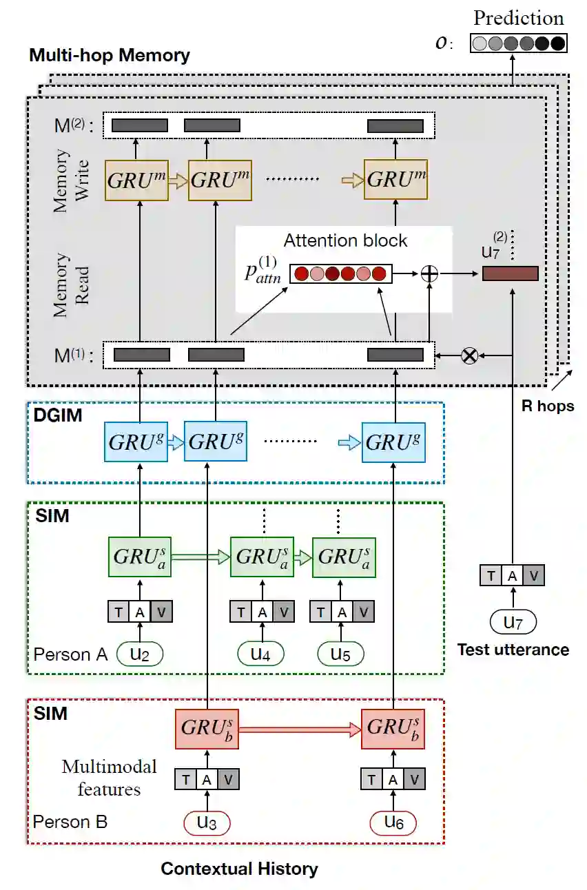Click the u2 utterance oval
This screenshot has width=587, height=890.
point(140,654)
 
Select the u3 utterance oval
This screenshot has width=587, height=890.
point(206,822)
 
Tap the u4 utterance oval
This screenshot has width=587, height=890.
point(260,654)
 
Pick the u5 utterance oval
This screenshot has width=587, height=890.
point(340,654)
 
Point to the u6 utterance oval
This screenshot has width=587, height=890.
point(393,822)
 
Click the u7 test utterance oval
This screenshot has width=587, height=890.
point(513,623)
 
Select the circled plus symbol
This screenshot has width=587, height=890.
point(429,273)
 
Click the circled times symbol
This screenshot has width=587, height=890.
point(469,355)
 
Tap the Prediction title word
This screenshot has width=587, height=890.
point(518,18)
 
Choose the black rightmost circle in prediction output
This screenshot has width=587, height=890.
point(557,43)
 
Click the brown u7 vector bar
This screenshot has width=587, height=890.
point(510,273)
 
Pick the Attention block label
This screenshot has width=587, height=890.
point(345,240)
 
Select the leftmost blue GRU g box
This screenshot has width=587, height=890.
point(136,442)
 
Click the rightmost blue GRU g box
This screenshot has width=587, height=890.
point(395,442)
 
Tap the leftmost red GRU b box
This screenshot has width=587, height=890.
point(207,728)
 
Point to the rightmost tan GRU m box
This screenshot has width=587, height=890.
point(395,180)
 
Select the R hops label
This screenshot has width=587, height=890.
point(548,405)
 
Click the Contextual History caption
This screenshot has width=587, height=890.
point(239,869)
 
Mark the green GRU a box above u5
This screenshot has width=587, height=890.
point(342,557)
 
